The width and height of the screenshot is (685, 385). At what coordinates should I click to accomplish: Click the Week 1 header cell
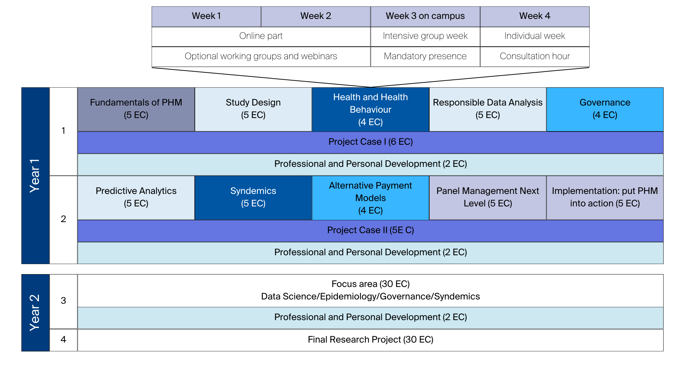206,16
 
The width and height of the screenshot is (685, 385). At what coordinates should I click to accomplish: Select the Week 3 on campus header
425,16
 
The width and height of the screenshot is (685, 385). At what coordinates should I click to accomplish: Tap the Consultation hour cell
534,56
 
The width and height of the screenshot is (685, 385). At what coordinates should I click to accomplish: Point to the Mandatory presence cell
425,56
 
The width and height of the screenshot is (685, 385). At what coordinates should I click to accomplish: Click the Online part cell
261,36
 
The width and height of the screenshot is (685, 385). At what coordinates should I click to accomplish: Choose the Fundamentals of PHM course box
136,109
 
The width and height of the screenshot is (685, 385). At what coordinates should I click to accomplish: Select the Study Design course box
253,109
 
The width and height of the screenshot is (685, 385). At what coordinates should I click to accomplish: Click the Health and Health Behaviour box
370,109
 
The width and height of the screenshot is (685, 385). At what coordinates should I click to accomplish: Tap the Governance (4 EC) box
605,109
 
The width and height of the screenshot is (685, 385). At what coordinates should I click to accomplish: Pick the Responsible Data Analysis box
487,109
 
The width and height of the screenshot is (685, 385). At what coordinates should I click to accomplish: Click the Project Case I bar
370,142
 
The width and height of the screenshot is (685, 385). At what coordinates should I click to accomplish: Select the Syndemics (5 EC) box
253,197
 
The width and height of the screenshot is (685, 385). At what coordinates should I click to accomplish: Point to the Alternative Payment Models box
370,197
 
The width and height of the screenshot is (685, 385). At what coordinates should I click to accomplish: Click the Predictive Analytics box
136,197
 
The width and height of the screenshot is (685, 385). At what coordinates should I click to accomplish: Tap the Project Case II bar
370,230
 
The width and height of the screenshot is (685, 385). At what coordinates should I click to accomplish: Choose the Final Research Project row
370,340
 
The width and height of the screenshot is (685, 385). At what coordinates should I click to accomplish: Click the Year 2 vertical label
35,313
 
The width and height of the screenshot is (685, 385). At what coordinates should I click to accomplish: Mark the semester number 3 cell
63,301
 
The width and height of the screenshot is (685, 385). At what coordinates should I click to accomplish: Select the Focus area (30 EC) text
370,284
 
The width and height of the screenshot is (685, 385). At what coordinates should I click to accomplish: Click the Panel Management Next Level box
487,197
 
